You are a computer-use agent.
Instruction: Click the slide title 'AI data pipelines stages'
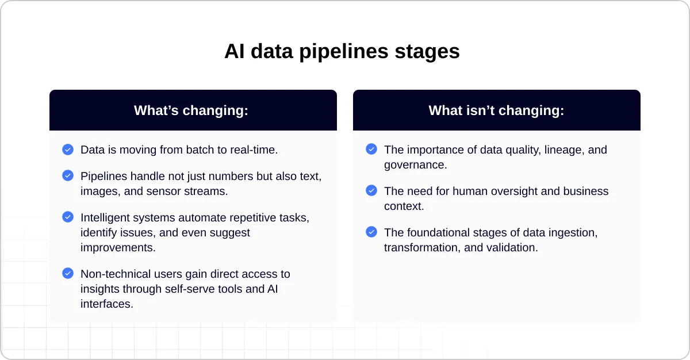342,52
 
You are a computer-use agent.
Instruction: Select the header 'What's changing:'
191,110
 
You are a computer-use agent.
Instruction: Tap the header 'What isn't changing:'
496,110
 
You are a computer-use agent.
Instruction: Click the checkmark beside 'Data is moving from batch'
68,150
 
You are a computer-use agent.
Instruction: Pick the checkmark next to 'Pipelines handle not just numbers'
68,175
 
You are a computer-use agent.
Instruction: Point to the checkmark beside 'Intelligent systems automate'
68,217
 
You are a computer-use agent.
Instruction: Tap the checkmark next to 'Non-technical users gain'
68,273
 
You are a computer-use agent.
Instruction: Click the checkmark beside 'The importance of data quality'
371,150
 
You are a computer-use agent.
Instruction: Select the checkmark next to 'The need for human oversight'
371,190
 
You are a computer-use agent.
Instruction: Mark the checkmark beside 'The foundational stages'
371,232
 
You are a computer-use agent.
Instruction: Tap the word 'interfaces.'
107,304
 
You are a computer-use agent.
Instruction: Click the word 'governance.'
416,165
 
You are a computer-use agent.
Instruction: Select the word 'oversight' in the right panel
516,191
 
